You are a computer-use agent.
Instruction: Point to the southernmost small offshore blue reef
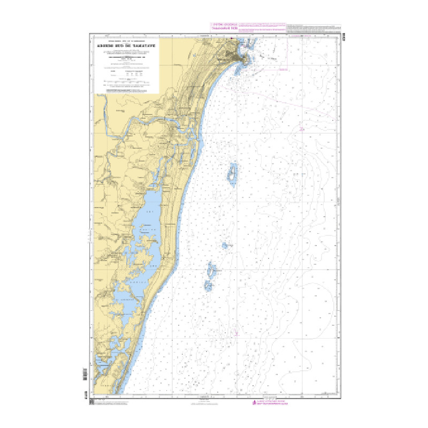pyautogui.click(x=208, y=285)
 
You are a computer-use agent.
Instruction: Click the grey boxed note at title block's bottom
pyautogui.click(x=127, y=92)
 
